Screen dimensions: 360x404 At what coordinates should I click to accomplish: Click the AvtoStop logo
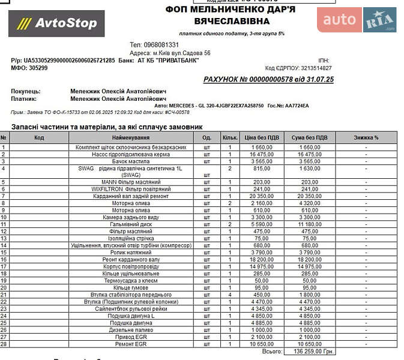[56, 23]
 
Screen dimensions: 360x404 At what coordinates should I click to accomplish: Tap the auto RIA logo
[357, 20]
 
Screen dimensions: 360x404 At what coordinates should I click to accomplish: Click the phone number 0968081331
[162, 45]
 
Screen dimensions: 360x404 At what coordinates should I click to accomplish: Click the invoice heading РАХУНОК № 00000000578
[268, 79]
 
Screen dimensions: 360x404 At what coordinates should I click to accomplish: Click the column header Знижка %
[366, 137]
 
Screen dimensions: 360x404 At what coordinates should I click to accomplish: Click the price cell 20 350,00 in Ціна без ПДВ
[262, 196]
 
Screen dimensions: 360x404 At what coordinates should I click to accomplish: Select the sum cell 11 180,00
[310, 224]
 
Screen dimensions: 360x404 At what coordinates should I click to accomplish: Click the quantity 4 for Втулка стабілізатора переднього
[229, 295]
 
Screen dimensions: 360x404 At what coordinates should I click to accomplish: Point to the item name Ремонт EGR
[130, 344]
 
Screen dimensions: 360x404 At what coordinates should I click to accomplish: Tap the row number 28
[4, 344]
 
